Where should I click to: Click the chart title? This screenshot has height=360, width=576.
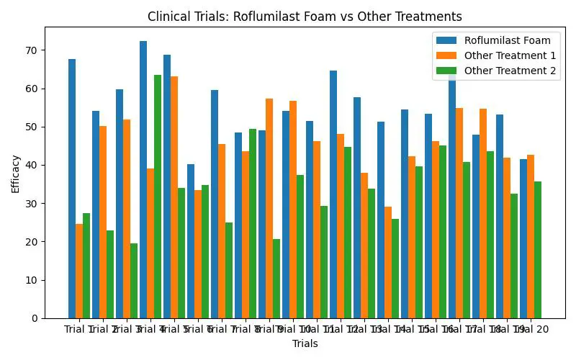coord(305,17)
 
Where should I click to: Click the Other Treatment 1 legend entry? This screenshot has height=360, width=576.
coord(505,55)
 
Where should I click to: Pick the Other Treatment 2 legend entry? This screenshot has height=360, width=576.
coord(505,70)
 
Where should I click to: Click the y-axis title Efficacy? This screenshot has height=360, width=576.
coord(16,173)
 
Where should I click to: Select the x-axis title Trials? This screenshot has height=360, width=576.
coord(305,344)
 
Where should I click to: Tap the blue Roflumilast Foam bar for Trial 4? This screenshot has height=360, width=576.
coord(143,180)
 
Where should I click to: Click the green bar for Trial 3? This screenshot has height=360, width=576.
coord(134,281)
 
